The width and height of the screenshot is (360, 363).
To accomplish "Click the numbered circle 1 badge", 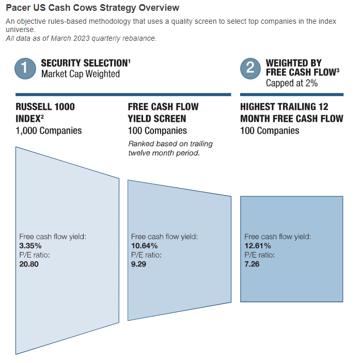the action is click(25, 69).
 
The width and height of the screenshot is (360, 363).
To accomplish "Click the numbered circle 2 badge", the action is click(251, 69).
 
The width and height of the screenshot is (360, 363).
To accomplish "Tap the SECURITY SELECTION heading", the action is click(86, 63).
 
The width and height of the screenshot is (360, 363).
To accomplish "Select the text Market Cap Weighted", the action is click(81, 74).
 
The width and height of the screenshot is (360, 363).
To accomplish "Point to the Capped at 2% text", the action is click(291, 83).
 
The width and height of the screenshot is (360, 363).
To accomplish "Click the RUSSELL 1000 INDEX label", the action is click(45, 113).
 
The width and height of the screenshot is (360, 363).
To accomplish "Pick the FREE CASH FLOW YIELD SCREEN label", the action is click(163, 113).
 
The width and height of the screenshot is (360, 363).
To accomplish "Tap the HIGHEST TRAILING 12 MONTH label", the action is click(292, 113).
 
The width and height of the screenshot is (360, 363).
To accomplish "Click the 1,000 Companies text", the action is click(49, 131).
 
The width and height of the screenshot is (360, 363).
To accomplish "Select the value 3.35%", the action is click(30, 246).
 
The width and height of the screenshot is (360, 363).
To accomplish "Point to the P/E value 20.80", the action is click(29, 264).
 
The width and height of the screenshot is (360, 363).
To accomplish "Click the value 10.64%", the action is click(144, 246).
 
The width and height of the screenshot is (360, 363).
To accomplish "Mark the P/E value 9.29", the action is click(138, 264).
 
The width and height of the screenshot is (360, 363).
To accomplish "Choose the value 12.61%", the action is click(258, 246).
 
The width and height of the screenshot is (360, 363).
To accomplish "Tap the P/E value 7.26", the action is click(252, 264).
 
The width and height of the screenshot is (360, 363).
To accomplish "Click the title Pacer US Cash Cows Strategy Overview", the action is click(92, 8).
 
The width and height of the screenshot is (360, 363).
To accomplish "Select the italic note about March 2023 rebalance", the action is click(81, 38).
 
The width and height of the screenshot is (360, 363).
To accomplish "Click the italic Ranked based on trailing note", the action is click(170, 148).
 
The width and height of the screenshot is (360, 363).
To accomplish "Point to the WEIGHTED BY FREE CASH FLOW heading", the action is click(302, 68).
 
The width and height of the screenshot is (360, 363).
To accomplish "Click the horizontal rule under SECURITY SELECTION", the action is click(123, 94).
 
